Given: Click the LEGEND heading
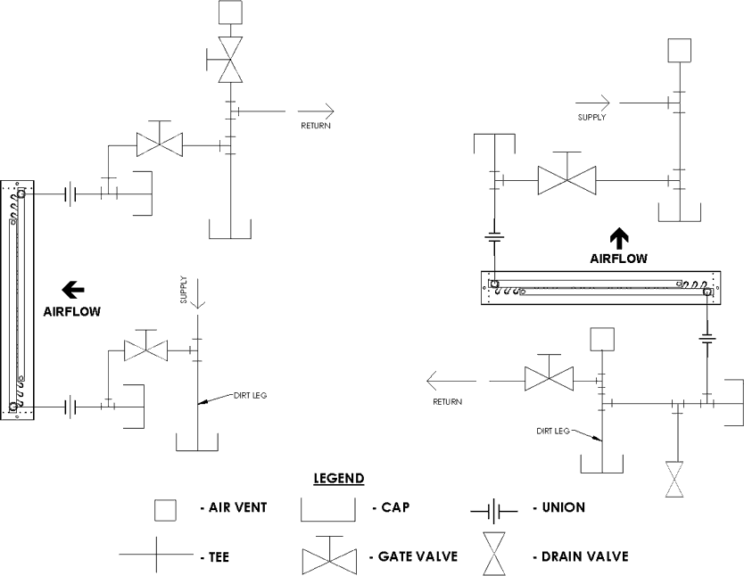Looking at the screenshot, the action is [339, 478].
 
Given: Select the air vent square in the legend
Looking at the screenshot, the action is [165, 510].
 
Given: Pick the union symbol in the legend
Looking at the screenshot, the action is [494, 512].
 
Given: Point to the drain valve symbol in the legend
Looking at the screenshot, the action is [494, 554].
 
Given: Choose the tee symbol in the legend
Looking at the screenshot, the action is [156, 554].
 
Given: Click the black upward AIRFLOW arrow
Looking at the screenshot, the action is [619, 238].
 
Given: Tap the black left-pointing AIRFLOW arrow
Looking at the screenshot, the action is [73, 290].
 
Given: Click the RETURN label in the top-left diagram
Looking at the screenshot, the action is [316, 126].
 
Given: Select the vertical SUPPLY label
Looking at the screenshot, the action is [184, 290].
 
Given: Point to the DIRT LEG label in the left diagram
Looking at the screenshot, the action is [250, 395].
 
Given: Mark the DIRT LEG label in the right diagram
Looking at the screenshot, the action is [553, 431].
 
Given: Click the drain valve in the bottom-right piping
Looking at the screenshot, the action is [674, 479].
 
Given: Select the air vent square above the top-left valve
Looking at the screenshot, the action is [230, 12].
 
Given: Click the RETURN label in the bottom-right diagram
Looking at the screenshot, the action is [447, 402].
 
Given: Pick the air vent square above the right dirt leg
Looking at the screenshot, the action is [602, 339].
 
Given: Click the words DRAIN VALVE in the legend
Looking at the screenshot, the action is [584, 556].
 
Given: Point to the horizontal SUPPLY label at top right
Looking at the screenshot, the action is [591, 117].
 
